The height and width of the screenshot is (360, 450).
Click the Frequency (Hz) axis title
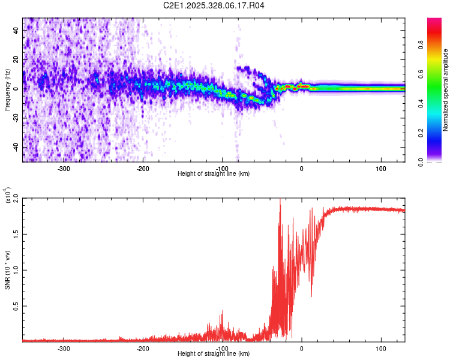point(7,90)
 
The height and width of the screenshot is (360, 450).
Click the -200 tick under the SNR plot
point(143,348)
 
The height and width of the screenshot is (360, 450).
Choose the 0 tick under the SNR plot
point(302,348)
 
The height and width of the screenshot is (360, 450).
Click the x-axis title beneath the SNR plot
point(214,354)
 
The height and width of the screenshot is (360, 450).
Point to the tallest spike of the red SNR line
point(280,200)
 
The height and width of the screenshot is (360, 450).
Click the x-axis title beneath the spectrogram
point(214,174)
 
